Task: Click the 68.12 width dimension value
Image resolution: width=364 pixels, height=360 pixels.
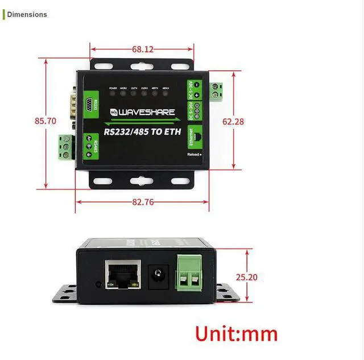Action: click(143, 49)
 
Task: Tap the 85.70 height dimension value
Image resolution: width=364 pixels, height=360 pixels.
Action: click(45, 121)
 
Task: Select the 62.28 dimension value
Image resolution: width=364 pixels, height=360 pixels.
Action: click(233, 121)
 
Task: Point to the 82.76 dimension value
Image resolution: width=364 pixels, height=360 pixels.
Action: click(143, 202)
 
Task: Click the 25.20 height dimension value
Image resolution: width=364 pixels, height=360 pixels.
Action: click(247, 278)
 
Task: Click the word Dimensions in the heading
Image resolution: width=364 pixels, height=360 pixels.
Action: click(27, 14)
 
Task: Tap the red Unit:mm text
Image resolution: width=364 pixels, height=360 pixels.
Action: click(236, 333)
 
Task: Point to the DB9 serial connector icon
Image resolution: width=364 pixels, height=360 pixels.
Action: click(89, 105)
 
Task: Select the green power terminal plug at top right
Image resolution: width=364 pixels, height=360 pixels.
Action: click(215, 90)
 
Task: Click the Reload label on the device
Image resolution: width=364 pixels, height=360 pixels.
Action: click(194, 154)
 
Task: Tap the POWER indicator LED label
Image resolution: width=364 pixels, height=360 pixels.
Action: click(113, 88)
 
